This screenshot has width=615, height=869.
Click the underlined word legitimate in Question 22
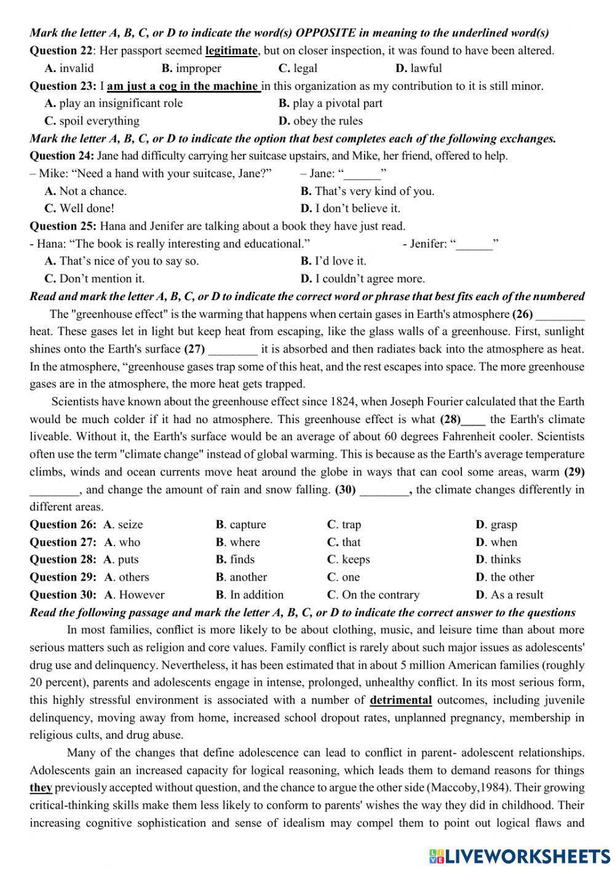[x=231, y=50]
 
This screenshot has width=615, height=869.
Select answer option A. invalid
[x=69, y=68]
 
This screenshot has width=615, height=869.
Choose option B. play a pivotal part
[x=330, y=103]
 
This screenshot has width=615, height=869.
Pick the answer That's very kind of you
[x=367, y=191]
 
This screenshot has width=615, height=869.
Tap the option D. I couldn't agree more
[x=362, y=279]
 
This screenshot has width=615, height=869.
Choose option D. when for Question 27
[x=496, y=542]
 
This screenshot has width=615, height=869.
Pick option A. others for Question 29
[x=127, y=577]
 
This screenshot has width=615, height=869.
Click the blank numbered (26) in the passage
[x=560, y=315]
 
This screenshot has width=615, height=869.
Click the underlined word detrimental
[x=400, y=700]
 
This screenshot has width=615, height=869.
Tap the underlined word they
[x=41, y=788]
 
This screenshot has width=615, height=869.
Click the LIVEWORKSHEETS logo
[x=520, y=855]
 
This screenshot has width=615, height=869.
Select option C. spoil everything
[x=92, y=121]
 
